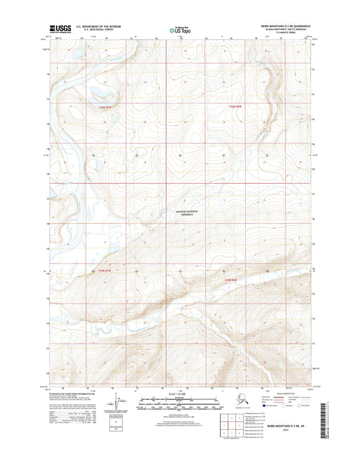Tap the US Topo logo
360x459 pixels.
coord(178,29)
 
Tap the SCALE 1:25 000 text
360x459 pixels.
coord(180,393)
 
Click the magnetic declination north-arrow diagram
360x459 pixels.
coord(122,403)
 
